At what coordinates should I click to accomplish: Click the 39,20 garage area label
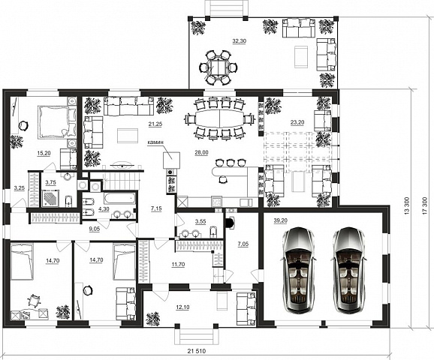pyautogui.click(x=280, y=220)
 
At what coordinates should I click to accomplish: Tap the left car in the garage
pyautogui.click(x=298, y=270)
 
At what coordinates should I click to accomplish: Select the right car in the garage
pyautogui.click(x=349, y=270)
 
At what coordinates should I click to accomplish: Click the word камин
pyautogui.click(x=155, y=143)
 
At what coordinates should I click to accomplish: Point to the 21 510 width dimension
pyautogui.click(x=197, y=351)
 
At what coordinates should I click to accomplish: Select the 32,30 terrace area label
pyautogui.click(x=240, y=41)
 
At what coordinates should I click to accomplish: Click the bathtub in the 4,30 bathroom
pyautogui.click(x=120, y=197)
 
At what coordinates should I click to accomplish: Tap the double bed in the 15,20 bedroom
pyautogui.click(x=57, y=122)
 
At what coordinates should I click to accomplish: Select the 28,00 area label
pyautogui.click(x=201, y=153)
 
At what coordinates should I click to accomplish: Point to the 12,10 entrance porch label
pyautogui.click(x=183, y=307)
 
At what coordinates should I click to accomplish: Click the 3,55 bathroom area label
pyautogui.click(x=200, y=221)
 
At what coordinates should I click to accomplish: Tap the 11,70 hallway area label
pyautogui.click(x=178, y=265)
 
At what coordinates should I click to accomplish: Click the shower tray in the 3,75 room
pyautogui.click(x=50, y=198)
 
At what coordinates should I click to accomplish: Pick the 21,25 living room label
pyautogui.click(x=155, y=124)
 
